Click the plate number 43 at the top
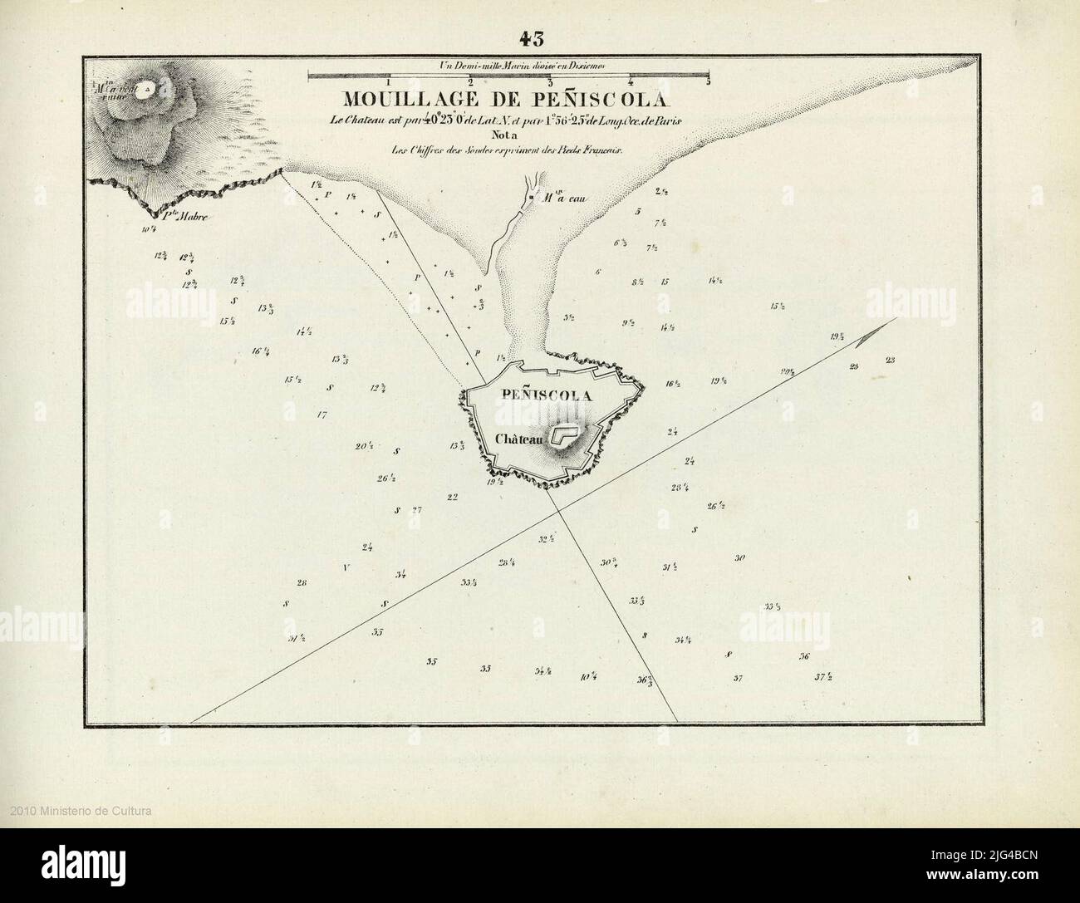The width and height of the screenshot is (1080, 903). [x=531, y=38]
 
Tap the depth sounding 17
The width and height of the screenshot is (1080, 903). [x=322, y=414]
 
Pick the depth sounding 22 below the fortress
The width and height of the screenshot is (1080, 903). [x=452, y=498]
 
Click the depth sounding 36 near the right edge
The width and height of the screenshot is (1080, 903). [x=804, y=656]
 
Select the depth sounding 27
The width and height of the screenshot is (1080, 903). [x=417, y=510]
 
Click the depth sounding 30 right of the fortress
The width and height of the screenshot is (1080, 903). [x=740, y=558]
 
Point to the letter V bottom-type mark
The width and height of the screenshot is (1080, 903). [x=345, y=568]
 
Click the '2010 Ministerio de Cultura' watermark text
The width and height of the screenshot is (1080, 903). [x=81, y=810]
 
